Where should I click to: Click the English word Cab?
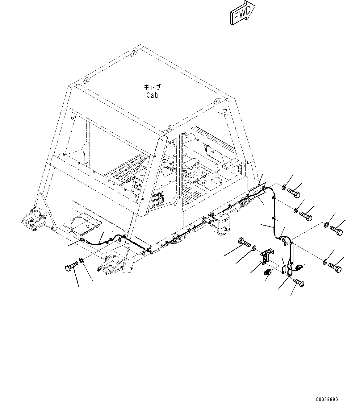[152, 95]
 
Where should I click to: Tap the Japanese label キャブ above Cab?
[152, 87]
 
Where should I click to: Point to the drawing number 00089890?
[327, 399]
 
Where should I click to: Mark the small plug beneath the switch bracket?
[267, 273]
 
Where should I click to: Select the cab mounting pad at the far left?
[32, 219]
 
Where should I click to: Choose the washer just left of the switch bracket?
[254, 247]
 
